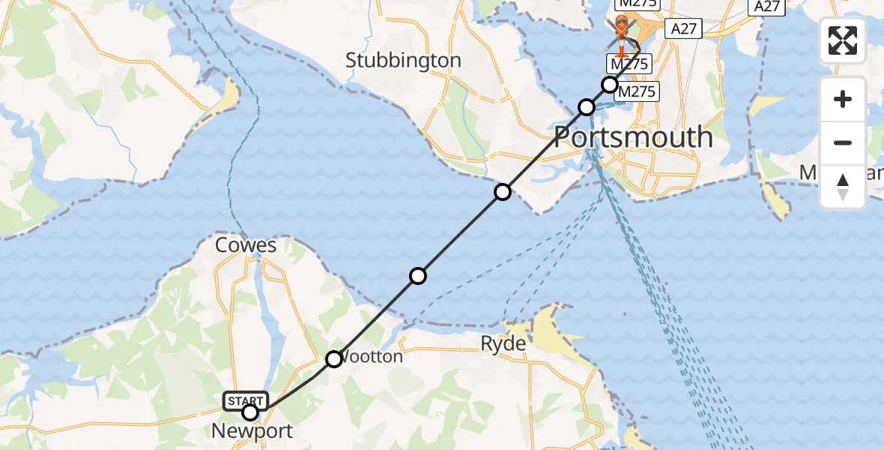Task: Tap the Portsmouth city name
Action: tap(633, 137)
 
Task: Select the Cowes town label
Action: tap(246, 245)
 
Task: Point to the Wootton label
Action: tap(373, 356)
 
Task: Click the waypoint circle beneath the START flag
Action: tap(250, 412)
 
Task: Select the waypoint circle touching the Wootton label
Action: tap(334, 359)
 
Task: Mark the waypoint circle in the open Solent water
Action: tap(418, 276)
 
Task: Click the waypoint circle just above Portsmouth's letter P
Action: tap(587, 108)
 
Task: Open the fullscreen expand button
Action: tap(843, 40)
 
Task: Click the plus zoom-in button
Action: tap(843, 99)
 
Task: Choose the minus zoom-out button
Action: tap(843, 142)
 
